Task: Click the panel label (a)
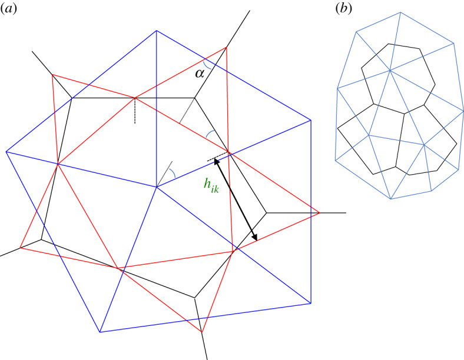point(8,9)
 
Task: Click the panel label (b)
point(344,9)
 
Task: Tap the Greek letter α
point(200,73)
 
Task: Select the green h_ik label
point(211,186)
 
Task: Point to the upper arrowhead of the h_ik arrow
point(216,161)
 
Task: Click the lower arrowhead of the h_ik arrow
point(254,238)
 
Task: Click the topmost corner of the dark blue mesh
point(156,31)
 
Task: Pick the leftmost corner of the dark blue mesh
point(6,152)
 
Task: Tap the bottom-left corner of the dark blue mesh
point(100,332)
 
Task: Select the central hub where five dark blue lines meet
point(156,187)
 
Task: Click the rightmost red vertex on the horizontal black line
point(319,212)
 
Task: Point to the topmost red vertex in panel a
point(226,47)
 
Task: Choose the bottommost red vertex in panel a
point(201,332)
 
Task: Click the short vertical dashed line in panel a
point(135,111)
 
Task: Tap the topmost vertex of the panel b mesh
point(400,12)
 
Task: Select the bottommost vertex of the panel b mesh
point(391,199)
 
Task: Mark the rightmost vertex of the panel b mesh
point(463,111)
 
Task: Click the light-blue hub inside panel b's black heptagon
point(390,71)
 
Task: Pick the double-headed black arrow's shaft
point(236,199)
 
